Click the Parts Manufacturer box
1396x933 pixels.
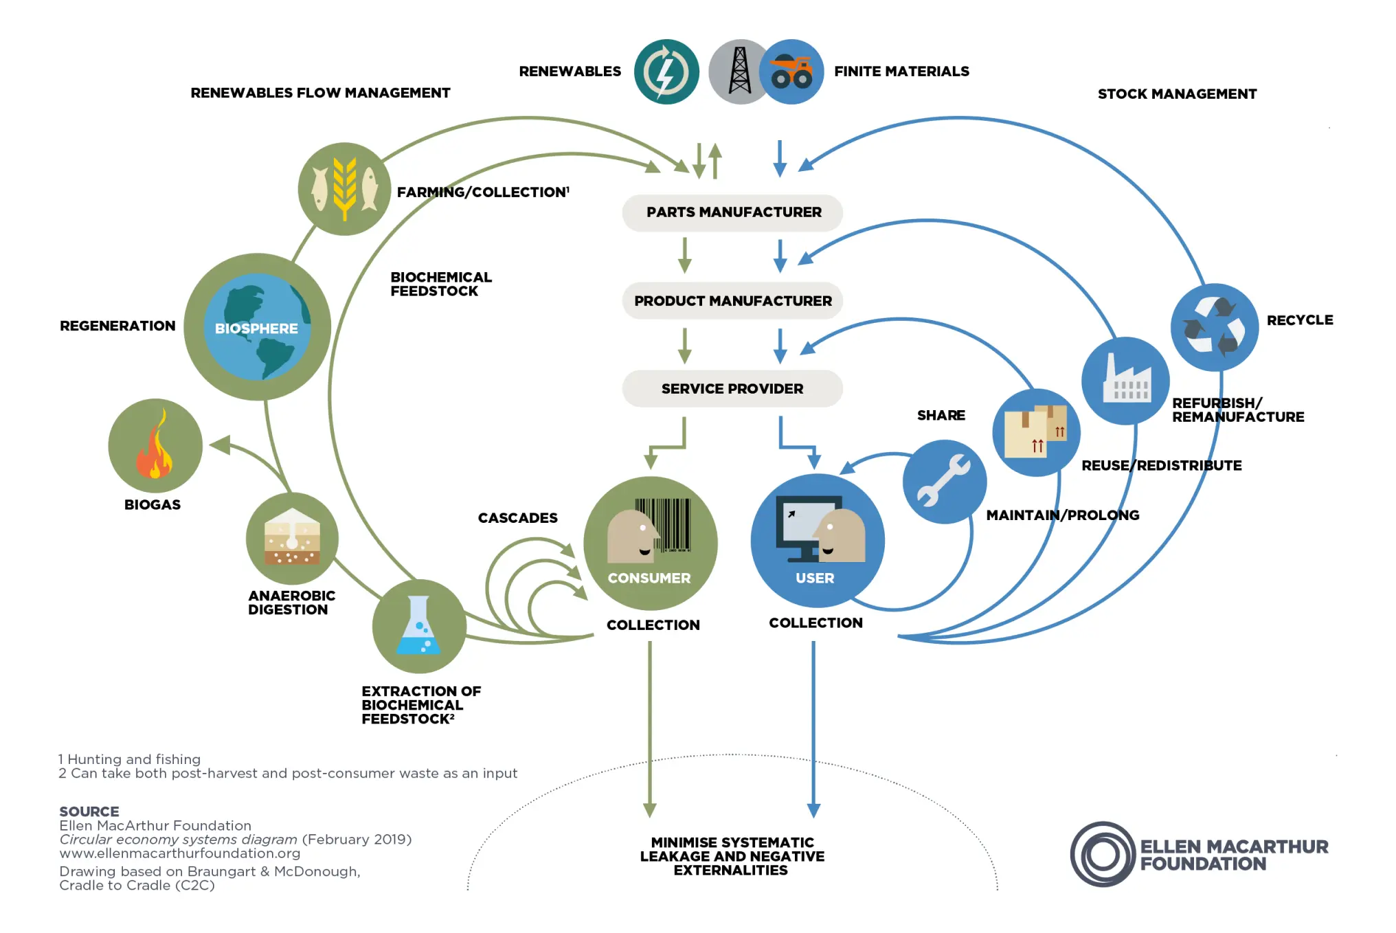[732, 212]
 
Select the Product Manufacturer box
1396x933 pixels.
[732, 301]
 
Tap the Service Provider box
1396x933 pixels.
[732, 389]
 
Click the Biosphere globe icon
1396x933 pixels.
[258, 327]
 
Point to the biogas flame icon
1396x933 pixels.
[155, 446]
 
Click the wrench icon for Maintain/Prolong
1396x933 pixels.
[945, 482]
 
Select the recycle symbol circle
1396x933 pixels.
[1215, 327]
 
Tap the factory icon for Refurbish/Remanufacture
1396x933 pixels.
[1125, 381]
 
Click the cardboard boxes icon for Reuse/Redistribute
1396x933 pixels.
[1036, 432]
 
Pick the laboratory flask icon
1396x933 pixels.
[419, 626]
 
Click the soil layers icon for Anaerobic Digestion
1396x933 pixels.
[292, 538]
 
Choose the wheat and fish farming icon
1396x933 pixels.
[344, 189]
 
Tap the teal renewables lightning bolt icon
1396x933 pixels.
[666, 72]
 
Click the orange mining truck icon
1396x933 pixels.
[792, 72]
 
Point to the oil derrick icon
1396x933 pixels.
[739, 71]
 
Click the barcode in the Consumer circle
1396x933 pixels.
[664, 525]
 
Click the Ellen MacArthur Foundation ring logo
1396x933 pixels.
[1103, 855]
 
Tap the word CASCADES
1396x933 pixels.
[517, 518]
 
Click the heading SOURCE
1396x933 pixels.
[89, 811]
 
